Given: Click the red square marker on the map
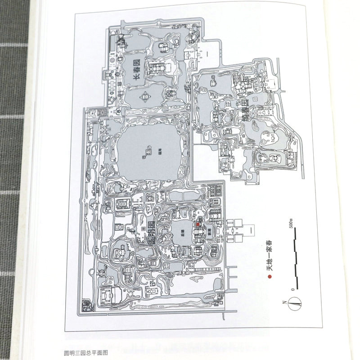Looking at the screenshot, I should pos(197,223).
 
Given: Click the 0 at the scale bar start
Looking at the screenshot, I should pos(292,288).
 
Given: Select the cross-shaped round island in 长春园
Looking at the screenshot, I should pos(145,96).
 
